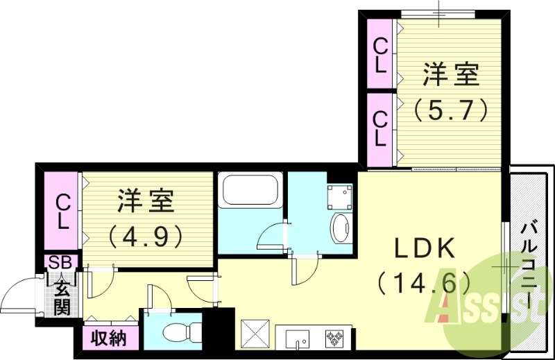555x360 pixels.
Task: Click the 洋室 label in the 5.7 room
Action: coord(452,75)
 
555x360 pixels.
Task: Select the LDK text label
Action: coord(424,248)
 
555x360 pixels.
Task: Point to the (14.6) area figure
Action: coord(424,283)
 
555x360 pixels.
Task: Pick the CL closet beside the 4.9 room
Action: coord(62,212)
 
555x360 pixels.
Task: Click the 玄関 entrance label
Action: coord(62,296)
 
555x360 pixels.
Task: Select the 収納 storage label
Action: coord(110,338)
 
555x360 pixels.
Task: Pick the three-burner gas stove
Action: coord(334,339)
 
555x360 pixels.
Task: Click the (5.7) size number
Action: coord(452,109)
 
